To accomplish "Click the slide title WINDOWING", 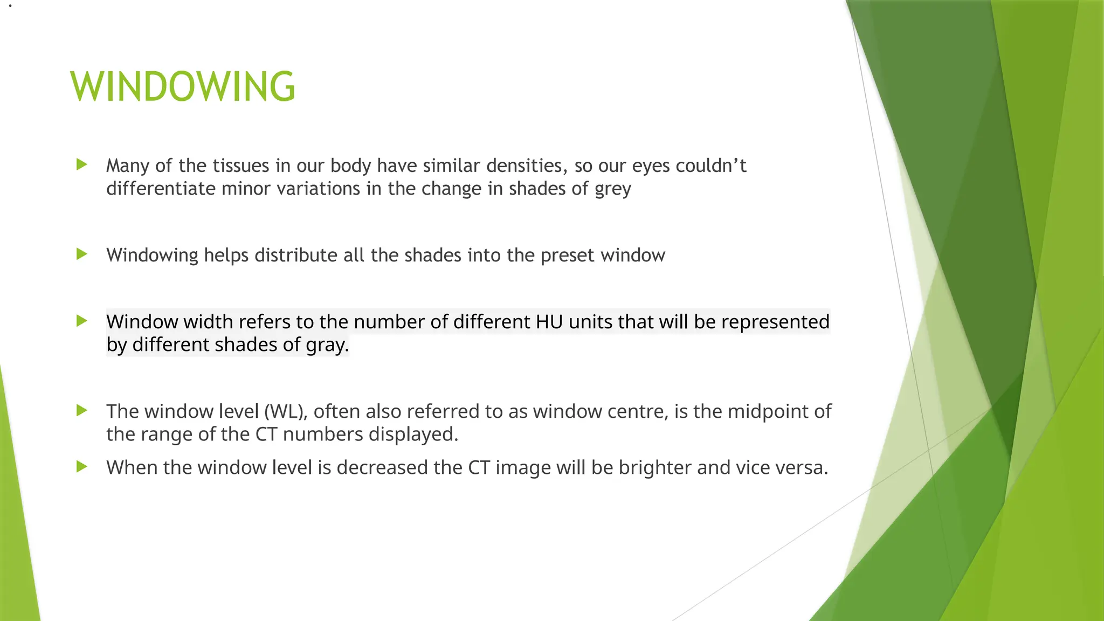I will [x=183, y=87].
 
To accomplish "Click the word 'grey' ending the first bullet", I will [x=613, y=189].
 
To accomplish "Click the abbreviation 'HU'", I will [x=549, y=322].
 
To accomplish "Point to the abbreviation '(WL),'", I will [x=286, y=411].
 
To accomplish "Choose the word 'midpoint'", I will [x=764, y=411].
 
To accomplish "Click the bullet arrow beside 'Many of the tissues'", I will [x=82, y=164].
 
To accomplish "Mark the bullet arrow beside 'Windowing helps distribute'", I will [x=82, y=254].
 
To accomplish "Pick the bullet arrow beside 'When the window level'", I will [x=82, y=466].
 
